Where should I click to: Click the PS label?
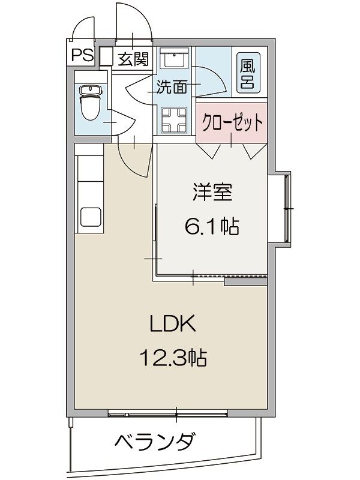click(x=82, y=56)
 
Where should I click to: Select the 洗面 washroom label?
click(x=171, y=87)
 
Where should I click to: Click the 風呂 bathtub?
click(x=247, y=74)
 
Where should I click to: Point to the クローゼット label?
click(x=232, y=124)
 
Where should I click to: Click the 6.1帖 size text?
click(x=211, y=226)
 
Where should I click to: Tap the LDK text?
click(x=172, y=325)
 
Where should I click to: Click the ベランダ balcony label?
click(x=154, y=442)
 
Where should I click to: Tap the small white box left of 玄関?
click(x=106, y=56)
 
